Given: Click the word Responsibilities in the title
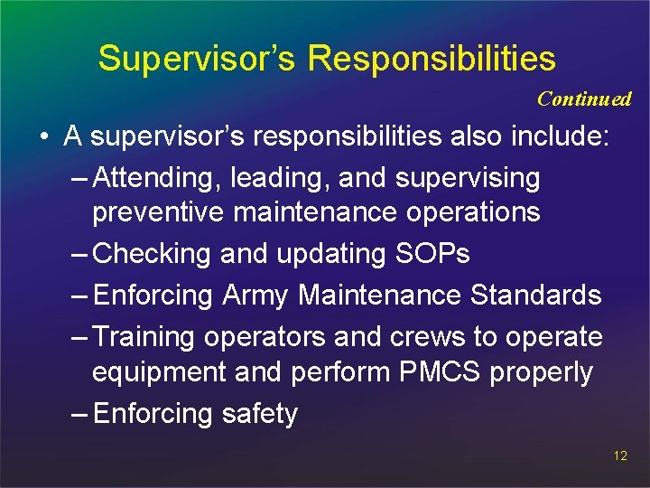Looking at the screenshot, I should click(x=432, y=58).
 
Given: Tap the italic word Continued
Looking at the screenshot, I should click(x=584, y=99).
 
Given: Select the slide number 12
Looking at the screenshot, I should click(x=619, y=455).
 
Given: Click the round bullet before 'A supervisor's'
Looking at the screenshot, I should click(x=43, y=138).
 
